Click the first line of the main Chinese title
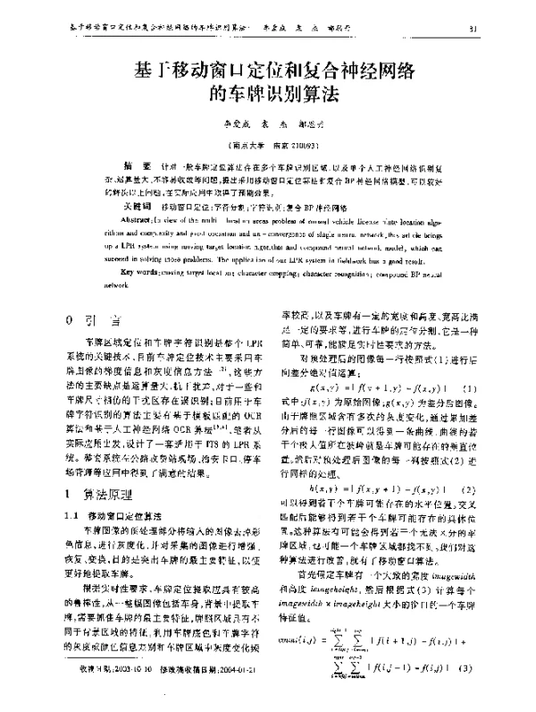pos(269,72)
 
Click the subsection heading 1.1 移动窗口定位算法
pos(125,515)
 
